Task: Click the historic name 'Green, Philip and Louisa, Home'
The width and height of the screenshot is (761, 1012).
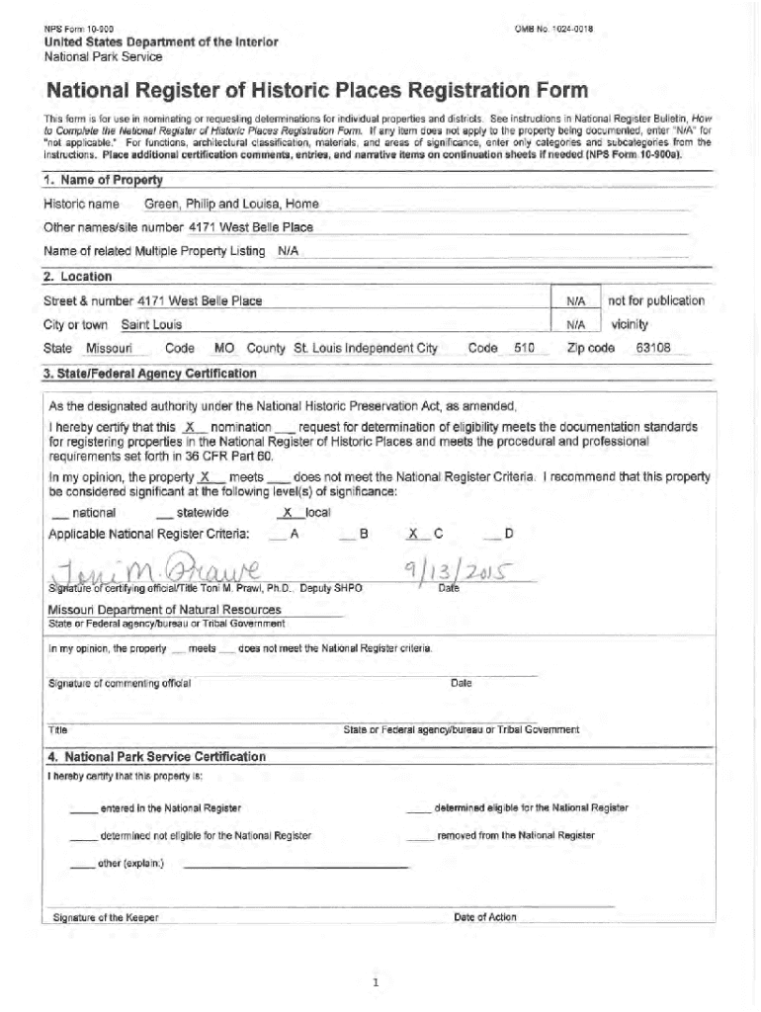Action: [x=231, y=205]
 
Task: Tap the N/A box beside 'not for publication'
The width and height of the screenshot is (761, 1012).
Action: [x=576, y=301]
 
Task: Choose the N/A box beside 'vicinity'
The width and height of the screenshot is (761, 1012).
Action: [x=576, y=324]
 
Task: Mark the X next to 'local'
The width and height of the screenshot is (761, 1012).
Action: [x=288, y=513]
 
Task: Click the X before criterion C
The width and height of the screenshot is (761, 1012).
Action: [x=413, y=535]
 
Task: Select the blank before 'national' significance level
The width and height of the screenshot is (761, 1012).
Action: [x=59, y=514]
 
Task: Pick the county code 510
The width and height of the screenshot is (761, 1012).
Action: [x=524, y=349]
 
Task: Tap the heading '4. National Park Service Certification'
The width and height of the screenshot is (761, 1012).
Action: [x=157, y=757]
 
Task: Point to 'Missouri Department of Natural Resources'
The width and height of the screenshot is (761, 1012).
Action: [x=164, y=610]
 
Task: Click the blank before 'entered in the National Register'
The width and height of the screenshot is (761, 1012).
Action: [x=83, y=809]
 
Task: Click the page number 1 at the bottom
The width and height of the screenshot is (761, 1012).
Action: [x=377, y=982]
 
